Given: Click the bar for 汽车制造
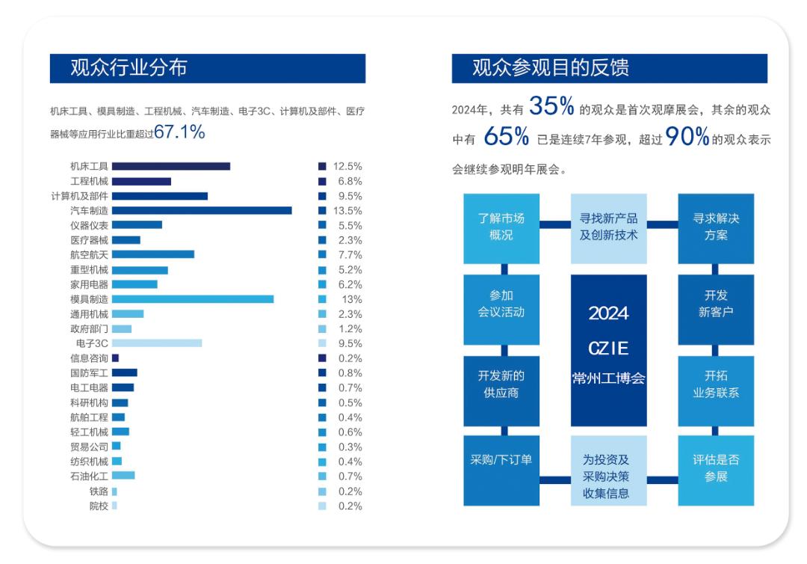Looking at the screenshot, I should (202, 211).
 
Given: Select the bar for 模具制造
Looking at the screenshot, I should (193, 299).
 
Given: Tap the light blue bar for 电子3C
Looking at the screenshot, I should (157, 343).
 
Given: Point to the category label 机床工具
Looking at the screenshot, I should (89, 166).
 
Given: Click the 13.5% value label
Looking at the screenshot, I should (347, 211).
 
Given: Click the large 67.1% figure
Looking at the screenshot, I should (179, 132).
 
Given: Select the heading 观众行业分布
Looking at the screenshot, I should (129, 68).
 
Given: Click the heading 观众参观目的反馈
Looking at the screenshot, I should (550, 68).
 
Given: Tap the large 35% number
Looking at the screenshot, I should (551, 108).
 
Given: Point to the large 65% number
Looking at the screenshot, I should (507, 137).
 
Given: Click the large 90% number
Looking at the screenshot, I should (686, 137).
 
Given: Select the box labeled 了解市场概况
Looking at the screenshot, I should (501, 227).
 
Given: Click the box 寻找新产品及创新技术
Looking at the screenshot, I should (608, 227).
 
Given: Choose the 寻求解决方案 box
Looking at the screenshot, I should (715, 227).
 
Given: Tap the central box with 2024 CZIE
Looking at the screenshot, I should (608, 349).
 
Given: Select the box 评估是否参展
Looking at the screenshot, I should (715, 470).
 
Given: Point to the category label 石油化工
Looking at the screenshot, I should (89, 476).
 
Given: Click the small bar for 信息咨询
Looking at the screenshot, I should (115, 358).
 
